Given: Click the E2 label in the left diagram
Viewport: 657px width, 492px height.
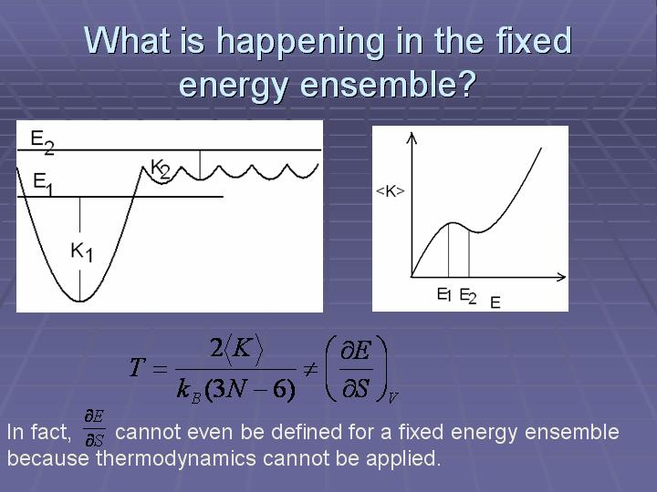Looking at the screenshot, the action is pyautogui.click(x=42, y=142).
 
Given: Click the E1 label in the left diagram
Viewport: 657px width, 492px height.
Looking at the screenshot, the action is pyautogui.click(x=44, y=184).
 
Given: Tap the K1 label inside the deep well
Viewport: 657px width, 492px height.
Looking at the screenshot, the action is pyautogui.click(x=82, y=252).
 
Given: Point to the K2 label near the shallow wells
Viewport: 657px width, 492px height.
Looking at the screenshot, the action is pyautogui.click(x=161, y=169).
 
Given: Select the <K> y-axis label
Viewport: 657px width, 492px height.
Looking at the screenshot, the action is pyautogui.click(x=391, y=191).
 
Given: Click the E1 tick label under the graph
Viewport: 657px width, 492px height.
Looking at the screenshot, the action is pyautogui.click(x=444, y=295).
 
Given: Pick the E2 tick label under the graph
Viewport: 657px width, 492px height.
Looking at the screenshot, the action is pyautogui.click(x=468, y=296).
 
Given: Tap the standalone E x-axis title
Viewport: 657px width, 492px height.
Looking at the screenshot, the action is pyautogui.click(x=495, y=302).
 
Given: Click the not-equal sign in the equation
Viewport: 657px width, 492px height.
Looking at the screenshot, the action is pyautogui.click(x=310, y=369).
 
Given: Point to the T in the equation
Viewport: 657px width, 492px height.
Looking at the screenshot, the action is pyautogui.click(x=138, y=368).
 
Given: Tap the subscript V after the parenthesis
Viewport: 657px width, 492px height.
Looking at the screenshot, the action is pyautogui.click(x=392, y=396).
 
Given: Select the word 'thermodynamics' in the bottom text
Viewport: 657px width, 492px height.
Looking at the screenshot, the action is pyautogui.click(x=176, y=458).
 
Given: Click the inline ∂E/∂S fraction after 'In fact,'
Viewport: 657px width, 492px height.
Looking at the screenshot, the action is pyautogui.click(x=94, y=429).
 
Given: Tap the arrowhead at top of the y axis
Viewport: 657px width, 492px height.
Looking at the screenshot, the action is pyautogui.click(x=412, y=138).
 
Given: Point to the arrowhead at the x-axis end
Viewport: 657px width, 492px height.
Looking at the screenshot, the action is pyautogui.click(x=561, y=277).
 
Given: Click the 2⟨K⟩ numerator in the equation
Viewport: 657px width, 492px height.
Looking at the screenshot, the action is pyautogui.click(x=236, y=348).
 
